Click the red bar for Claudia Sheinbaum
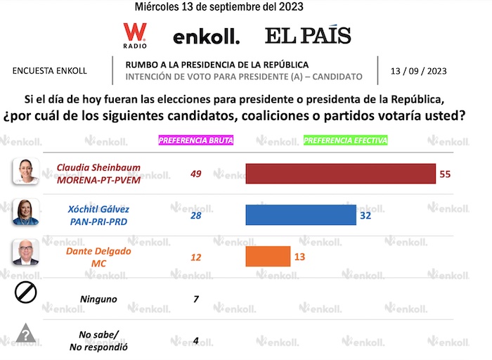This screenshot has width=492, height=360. [x=340, y=174]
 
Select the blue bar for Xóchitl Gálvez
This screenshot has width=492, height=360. [x=301, y=215]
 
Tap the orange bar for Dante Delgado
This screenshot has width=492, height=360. [x=268, y=257]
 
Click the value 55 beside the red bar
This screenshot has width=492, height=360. [x=444, y=174]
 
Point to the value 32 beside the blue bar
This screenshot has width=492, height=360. [x=365, y=216]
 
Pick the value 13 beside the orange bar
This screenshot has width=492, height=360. [x=299, y=257]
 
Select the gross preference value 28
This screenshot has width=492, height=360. [x=196, y=215]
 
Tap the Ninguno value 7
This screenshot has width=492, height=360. [x=196, y=299]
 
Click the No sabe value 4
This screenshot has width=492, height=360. [x=196, y=341]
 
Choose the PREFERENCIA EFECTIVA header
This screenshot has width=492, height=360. [x=346, y=140]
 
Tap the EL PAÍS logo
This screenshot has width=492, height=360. [x=308, y=36]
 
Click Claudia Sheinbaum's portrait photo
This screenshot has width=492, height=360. [x=25, y=171]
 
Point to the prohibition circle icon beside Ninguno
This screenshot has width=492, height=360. [x=25, y=291]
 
